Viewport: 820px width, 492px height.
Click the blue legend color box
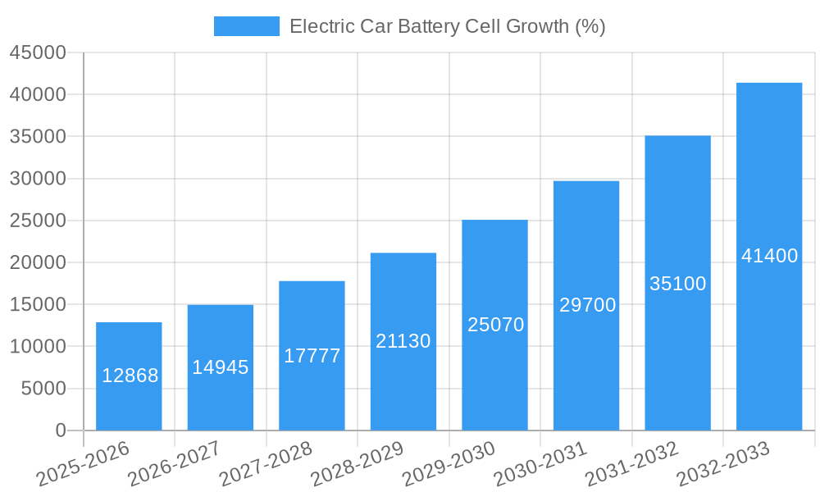click(x=246, y=26)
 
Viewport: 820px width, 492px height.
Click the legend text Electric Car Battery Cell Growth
click(x=447, y=26)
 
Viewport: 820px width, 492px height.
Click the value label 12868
click(x=130, y=376)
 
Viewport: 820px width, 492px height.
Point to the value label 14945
click(x=221, y=367)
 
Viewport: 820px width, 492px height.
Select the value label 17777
click(x=312, y=356)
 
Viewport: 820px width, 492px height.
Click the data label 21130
click(x=403, y=341)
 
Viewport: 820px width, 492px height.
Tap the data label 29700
click(x=587, y=305)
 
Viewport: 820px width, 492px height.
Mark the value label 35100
click(x=677, y=284)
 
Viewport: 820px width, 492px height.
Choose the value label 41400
click(x=769, y=256)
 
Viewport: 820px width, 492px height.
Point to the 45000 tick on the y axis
click(x=38, y=52)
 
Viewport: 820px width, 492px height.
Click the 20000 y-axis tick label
click(x=38, y=262)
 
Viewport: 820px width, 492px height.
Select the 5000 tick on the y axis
click(x=43, y=389)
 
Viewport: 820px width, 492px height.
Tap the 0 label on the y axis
click(x=61, y=430)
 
